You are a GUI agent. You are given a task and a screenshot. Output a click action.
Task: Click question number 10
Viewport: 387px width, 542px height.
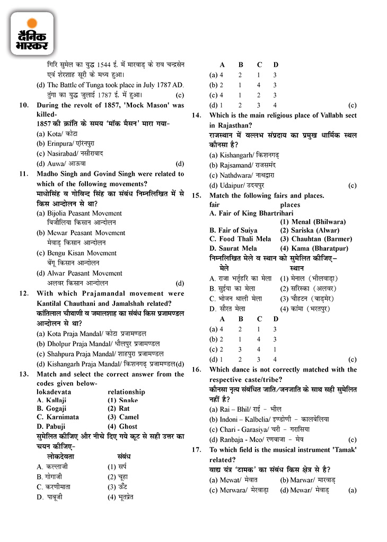[24, 105]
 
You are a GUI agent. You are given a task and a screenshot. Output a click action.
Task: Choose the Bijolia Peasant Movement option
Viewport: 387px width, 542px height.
[79, 213]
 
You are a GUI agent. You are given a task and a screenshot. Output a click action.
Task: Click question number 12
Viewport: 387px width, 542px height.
[24, 293]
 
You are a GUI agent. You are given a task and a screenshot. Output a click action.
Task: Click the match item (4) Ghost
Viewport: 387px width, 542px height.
[122, 426]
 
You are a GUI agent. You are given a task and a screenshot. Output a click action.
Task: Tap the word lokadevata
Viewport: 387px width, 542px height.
[54, 392]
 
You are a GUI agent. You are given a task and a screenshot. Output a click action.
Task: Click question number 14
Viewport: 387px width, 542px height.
[196, 115]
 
